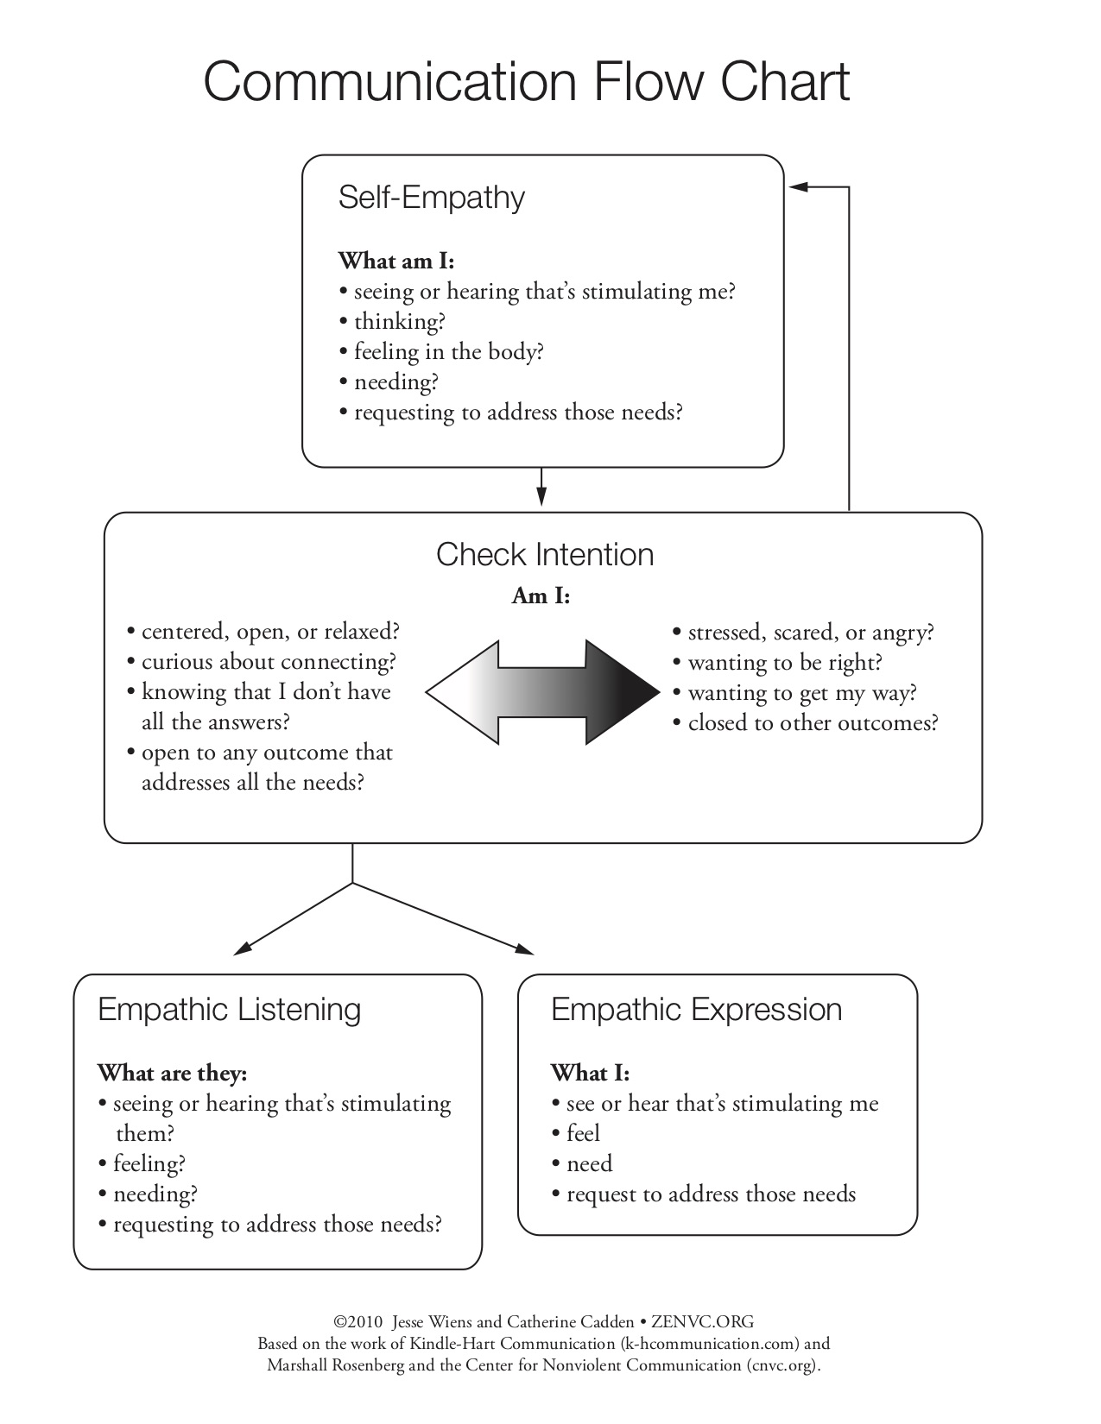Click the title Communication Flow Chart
click(x=527, y=82)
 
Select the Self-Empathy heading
click(x=431, y=198)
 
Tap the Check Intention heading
click(x=544, y=554)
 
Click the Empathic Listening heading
click(x=229, y=1009)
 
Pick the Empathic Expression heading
click(x=696, y=1009)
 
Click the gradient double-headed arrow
click(x=542, y=691)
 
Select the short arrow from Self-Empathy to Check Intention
click(x=541, y=488)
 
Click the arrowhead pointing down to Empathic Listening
click(x=244, y=948)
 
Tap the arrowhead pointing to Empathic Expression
click(x=524, y=949)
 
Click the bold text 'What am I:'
click(x=395, y=261)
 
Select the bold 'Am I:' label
click(x=541, y=595)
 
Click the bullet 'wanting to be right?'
click(x=784, y=663)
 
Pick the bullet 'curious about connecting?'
click(x=268, y=662)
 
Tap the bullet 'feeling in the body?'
click(x=447, y=352)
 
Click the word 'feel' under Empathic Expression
click(x=583, y=1133)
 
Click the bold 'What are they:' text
click(x=172, y=1073)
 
